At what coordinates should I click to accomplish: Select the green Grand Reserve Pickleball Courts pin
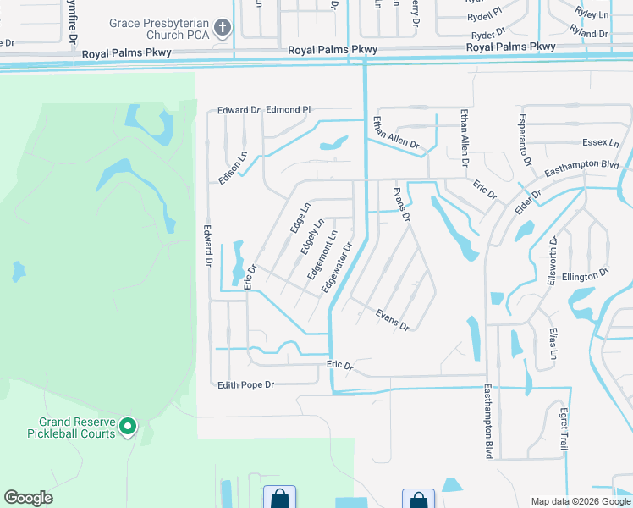point(128,426)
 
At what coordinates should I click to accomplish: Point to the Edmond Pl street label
point(289,110)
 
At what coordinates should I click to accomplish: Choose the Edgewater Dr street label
point(336,269)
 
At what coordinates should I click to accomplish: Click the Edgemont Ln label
point(322,255)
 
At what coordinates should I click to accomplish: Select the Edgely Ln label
point(311,240)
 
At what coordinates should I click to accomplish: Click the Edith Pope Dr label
point(246,385)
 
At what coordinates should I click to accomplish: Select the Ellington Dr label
point(586,275)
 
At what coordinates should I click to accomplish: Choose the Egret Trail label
point(564,428)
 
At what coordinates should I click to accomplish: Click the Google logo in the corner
point(28,498)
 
